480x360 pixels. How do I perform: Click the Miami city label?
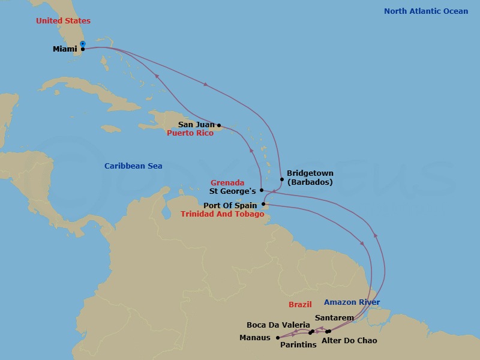64,49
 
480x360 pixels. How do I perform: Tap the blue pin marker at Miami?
83,44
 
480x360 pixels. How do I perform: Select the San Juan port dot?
218,125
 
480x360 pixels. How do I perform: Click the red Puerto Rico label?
190,133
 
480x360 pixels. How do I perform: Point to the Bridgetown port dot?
281,179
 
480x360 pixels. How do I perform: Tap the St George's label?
233,191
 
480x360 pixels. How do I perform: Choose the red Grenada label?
227,182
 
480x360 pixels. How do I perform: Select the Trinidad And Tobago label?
222,214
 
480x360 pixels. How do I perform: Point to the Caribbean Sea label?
133,166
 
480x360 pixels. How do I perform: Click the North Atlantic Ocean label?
426,11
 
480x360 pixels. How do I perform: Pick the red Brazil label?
300,304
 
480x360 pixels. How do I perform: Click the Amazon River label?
352,302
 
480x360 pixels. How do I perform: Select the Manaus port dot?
277,337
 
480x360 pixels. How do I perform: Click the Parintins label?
298,345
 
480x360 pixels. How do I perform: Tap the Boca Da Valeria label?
278,325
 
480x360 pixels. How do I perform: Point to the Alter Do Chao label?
349,341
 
